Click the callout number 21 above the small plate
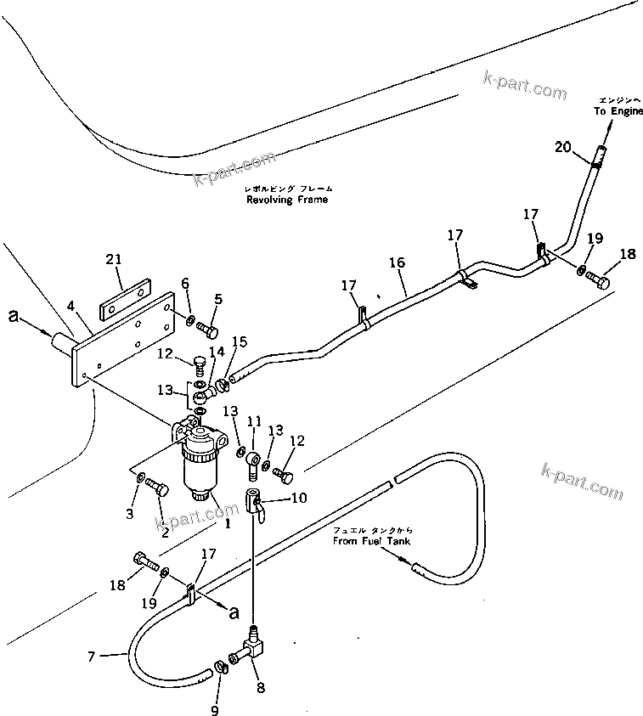[115, 259]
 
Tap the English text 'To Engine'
[618, 111]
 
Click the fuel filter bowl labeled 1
[201, 467]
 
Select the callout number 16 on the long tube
[397, 264]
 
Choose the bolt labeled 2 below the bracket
[158, 488]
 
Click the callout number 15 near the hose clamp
[240, 342]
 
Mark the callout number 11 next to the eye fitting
[253, 420]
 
